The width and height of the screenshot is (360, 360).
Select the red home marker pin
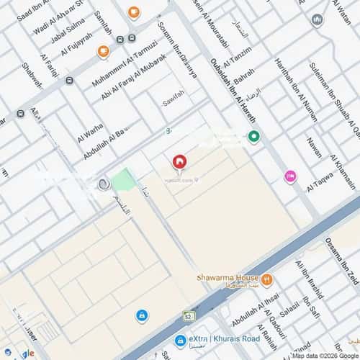pyautogui.click(x=179, y=163)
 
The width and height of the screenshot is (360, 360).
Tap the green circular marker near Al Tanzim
pyautogui.click(x=253, y=136)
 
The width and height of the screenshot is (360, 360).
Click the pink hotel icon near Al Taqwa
pyautogui.click(x=290, y=176)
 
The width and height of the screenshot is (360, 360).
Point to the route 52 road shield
pyautogui.click(x=189, y=315)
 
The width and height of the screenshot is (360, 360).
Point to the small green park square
pyautogui.click(x=124, y=179)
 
